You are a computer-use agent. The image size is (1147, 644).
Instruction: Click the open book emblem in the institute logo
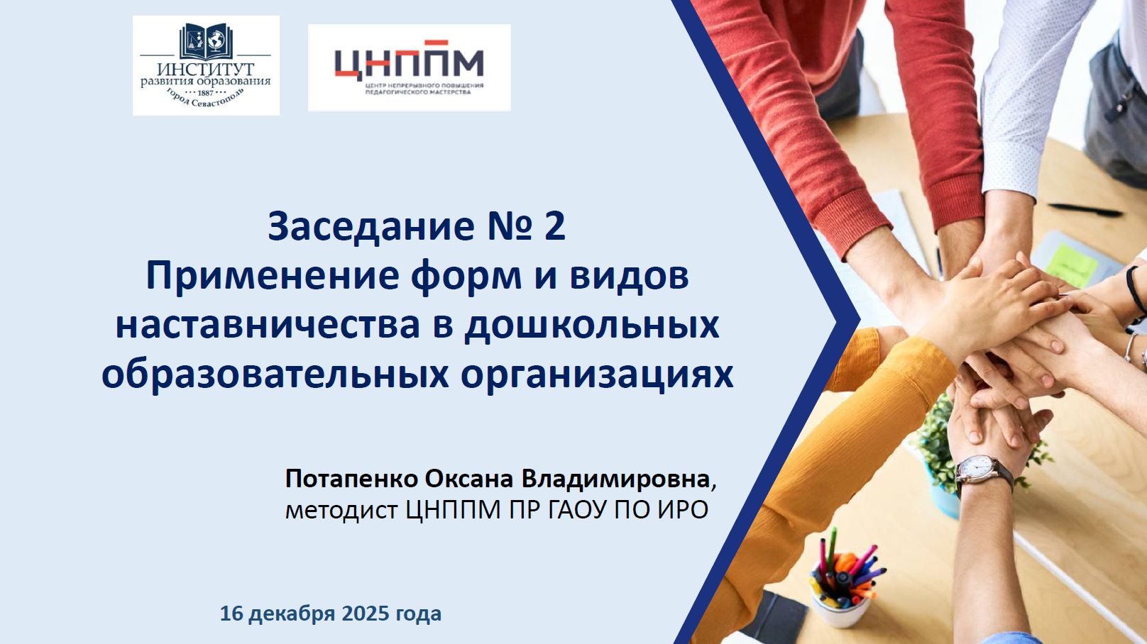tap(206, 41)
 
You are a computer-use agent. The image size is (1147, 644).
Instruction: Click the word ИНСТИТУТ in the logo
tap(205, 69)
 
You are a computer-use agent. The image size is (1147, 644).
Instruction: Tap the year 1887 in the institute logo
tap(205, 93)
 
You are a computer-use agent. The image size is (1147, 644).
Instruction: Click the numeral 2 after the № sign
tap(554, 226)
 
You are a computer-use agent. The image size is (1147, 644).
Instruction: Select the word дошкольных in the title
tap(591, 326)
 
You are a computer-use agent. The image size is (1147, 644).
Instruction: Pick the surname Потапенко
tap(352, 479)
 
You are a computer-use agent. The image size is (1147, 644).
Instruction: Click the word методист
tap(341, 510)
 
